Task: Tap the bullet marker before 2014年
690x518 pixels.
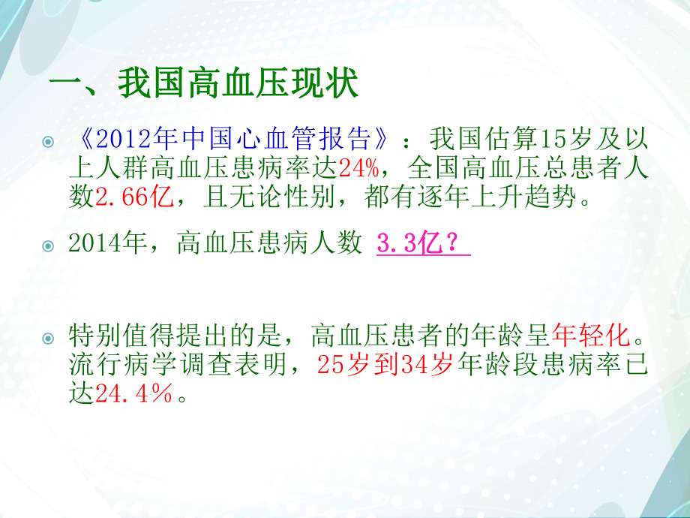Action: (x=49, y=245)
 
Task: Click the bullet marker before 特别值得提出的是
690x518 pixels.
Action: (x=49, y=337)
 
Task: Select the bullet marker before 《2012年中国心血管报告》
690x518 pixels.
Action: (x=49, y=141)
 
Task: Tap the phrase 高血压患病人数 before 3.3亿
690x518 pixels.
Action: (x=269, y=244)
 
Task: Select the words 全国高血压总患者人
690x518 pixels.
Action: (x=535, y=167)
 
